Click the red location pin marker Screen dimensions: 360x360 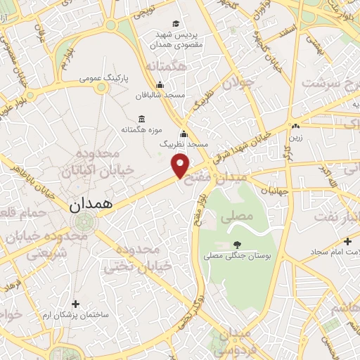(x=181, y=165)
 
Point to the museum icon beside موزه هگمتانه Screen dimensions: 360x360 (x=143, y=118)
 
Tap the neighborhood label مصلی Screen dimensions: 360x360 (x=236, y=217)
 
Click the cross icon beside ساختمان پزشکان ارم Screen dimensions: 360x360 (x=76, y=304)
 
